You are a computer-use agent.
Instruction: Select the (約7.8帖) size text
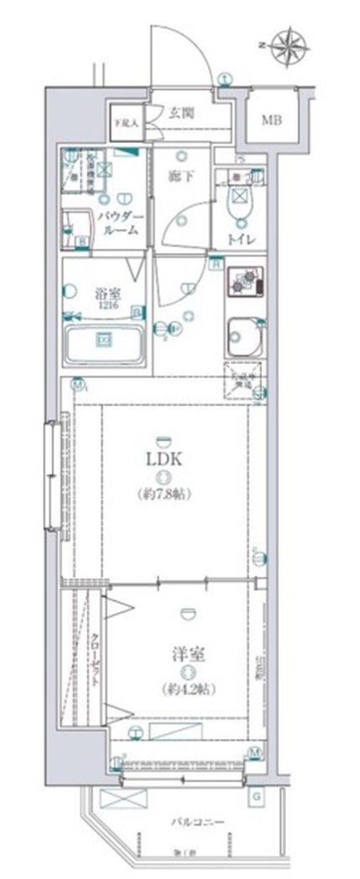click(x=165, y=495)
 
